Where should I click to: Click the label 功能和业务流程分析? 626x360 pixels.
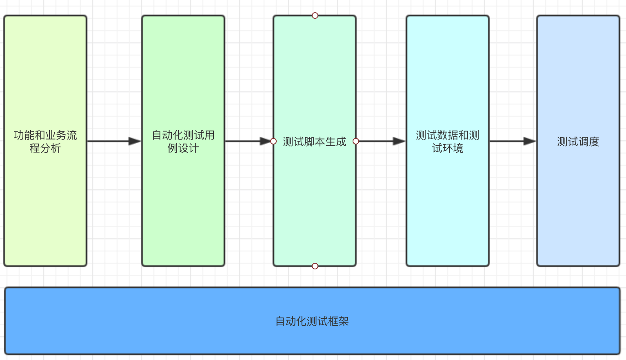pyautogui.click(x=45, y=141)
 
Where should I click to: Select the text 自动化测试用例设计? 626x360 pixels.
pyautogui.click(x=183, y=141)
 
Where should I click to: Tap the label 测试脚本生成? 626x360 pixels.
pyautogui.click(x=314, y=142)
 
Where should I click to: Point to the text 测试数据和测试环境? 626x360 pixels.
pyautogui.click(x=447, y=141)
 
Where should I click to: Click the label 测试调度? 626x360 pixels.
pyautogui.click(x=578, y=142)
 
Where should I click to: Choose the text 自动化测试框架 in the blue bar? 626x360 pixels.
pyautogui.click(x=312, y=321)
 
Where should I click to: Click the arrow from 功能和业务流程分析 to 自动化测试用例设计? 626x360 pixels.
pyautogui.click(x=110, y=141)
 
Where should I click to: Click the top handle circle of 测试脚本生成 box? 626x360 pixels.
pyautogui.click(x=315, y=16)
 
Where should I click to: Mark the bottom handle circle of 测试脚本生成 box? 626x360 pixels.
pyautogui.click(x=315, y=266)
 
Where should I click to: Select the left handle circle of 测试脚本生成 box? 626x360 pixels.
pyautogui.click(x=273, y=141)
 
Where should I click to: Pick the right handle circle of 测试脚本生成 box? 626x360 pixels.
pyautogui.click(x=356, y=141)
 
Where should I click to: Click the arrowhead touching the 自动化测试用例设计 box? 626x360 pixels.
pyautogui.click(x=135, y=141)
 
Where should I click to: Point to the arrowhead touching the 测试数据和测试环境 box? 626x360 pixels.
pyautogui.click(x=399, y=141)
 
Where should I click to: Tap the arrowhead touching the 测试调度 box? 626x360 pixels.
pyautogui.click(x=529, y=141)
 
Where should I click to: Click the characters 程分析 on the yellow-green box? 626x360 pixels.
pyautogui.click(x=45, y=148)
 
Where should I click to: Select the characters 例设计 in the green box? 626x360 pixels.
pyautogui.click(x=183, y=148)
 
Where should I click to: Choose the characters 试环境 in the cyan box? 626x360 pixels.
pyautogui.click(x=448, y=148)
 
